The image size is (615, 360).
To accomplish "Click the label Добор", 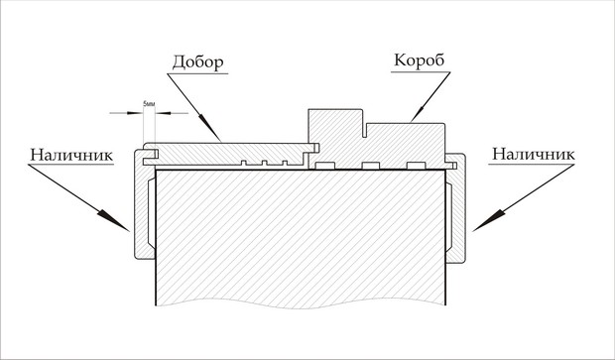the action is click(198, 62).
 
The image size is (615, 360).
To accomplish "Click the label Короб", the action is click(420, 60).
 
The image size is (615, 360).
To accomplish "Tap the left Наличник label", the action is click(71, 155).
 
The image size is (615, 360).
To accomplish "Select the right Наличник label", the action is click(534, 154).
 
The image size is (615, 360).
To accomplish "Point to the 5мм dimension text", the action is click(149, 103).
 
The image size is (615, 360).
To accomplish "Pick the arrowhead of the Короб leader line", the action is click(419, 114).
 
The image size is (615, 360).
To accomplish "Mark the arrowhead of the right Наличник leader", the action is click(488, 220).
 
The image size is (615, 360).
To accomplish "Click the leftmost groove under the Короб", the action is click(325, 166).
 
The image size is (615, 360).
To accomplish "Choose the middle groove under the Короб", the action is click(371, 166).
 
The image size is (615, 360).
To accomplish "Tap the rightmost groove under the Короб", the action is click(417, 166).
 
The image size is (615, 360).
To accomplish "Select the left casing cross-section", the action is click(144, 204).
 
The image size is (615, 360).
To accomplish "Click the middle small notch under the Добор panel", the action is click(265, 163).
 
